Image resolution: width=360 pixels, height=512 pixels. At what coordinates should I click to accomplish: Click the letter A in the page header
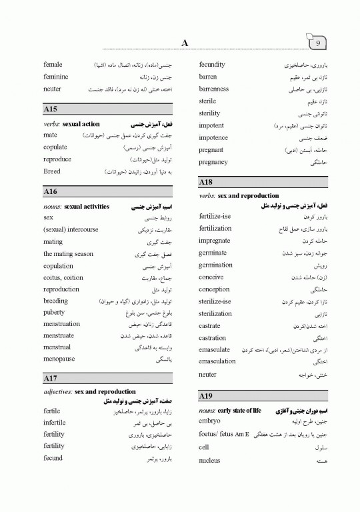[x=185, y=43]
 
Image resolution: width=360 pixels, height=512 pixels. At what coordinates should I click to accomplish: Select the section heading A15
[x=50, y=109]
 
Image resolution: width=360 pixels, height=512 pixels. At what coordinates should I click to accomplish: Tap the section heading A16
[x=50, y=191]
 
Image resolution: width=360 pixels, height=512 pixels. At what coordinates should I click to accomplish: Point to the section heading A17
[x=50, y=378]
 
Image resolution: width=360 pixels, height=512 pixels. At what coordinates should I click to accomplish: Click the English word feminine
[x=57, y=77]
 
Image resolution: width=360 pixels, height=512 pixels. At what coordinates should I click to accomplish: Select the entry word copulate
[x=57, y=147]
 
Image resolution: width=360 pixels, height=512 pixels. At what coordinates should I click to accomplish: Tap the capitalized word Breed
[x=52, y=171]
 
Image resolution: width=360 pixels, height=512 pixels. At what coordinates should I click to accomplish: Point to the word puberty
[x=55, y=313]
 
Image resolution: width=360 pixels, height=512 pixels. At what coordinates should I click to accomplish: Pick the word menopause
[x=59, y=359]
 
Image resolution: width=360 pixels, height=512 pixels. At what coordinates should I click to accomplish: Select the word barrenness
[x=214, y=89]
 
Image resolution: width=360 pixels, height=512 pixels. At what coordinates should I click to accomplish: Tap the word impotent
[x=211, y=125]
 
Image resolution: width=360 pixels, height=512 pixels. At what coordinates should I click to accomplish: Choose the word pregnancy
[x=213, y=162]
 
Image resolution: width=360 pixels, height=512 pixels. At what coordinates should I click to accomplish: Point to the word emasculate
[x=215, y=349]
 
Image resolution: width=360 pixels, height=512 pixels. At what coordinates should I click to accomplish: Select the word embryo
[x=209, y=421]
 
